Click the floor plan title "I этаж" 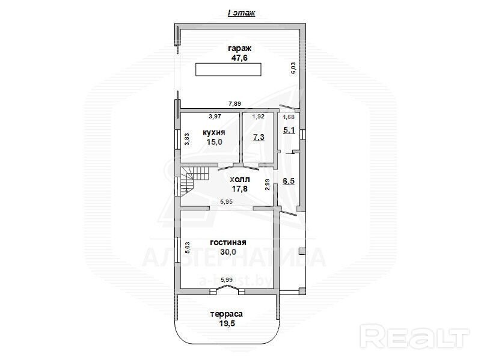(x=242, y=13)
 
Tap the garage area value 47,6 (x=239, y=58)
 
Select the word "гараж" (x=239, y=49)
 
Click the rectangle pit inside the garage (x=228, y=69)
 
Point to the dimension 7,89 (x=234, y=103)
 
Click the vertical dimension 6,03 (x=293, y=68)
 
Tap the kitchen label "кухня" (x=214, y=132)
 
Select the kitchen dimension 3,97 (x=215, y=116)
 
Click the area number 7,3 (x=259, y=137)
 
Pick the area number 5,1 (x=289, y=130)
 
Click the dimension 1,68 (x=289, y=117)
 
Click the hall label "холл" (x=240, y=179)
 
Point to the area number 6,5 (x=289, y=181)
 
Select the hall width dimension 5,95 (x=227, y=201)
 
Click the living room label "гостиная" (x=228, y=242)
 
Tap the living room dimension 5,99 (x=227, y=279)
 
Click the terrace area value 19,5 (x=227, y=323)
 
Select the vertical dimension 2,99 (x=267, y=185)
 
